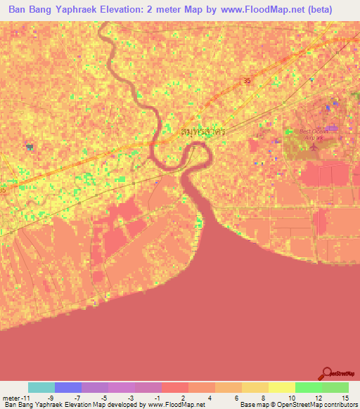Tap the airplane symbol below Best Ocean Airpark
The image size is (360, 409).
pos(309,148)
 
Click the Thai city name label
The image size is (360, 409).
pos(205,131)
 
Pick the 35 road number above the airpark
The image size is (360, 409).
pos(246,81)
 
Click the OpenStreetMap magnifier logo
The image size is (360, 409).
pos(327,375)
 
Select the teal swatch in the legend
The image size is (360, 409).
pos(41,387)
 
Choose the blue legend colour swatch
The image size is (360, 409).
pos(68,387)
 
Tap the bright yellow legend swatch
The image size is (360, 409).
pos(281,387)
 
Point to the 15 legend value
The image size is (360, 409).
pos(345,397)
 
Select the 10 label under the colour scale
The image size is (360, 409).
pos(291,397)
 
